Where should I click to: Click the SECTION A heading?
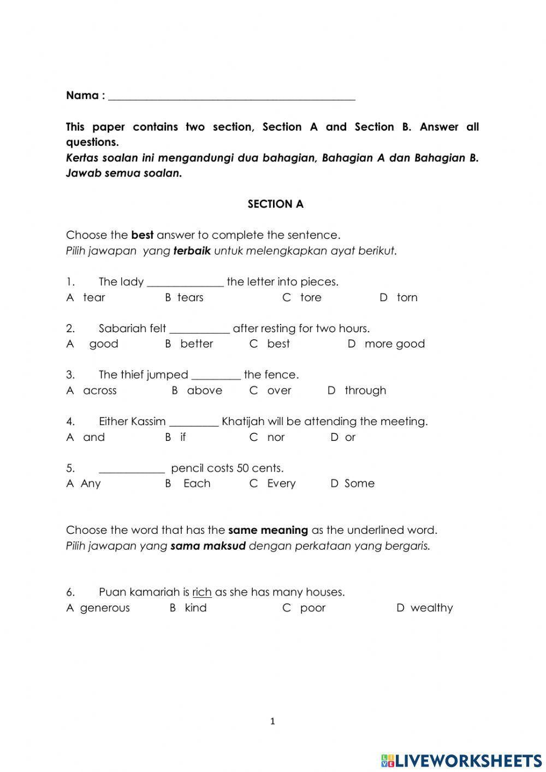[275, 204]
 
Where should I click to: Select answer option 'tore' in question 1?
[310, 298]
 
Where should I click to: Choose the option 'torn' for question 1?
[407, 298]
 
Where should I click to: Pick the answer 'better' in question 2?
[197, 344]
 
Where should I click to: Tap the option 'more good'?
[394, 344]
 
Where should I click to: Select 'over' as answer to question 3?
[279, 391]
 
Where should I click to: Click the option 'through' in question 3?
[365, 391]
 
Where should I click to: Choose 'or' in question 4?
[350, 438]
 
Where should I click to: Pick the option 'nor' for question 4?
[276, 438]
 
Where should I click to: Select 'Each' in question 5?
[197, 484]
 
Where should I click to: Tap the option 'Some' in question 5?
[359, 484]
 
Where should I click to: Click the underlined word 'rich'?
[201, 592]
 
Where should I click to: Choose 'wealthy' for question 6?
[431, 608]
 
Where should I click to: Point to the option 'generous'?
[105, 608]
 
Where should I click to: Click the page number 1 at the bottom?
[272, 722]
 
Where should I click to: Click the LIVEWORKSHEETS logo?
[461, 761]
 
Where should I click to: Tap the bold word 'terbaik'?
[192, 251]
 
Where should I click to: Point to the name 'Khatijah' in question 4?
[243, 422]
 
